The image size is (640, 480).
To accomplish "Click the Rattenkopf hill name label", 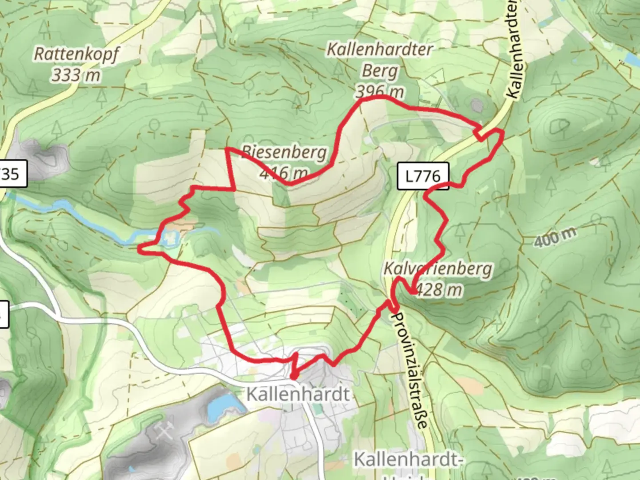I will [76, 54].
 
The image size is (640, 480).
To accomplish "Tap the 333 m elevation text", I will [76, 75].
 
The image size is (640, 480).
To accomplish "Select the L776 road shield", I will [423, 176].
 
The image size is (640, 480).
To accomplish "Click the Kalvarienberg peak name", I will [438, 269].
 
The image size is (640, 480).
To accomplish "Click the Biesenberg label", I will [284, 152].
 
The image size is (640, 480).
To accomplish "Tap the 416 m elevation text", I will [283, 172].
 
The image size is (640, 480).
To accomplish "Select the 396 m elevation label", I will [380, 92].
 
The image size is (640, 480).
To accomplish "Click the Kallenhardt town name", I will [298, 394].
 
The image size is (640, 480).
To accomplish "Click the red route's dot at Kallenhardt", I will [293, 377].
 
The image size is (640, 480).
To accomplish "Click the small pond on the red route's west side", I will [170, 238].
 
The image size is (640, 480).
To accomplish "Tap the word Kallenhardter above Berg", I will [380, 49].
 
